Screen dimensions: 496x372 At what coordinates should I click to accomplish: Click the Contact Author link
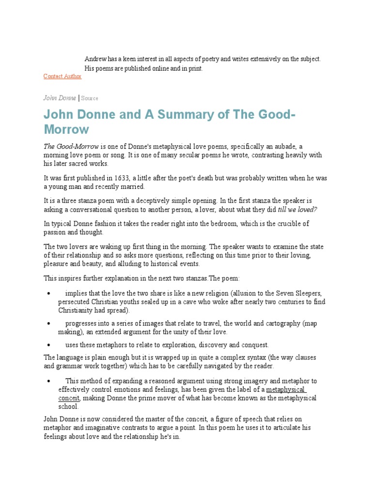click(62, 77)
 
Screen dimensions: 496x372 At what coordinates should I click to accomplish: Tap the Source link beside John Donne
click(90, 98)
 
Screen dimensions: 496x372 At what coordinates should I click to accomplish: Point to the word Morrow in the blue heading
click(66, 130)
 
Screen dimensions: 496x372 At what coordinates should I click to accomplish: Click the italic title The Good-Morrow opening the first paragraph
click(71, 146)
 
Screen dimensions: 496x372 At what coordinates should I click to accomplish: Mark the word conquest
click(254, 345)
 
